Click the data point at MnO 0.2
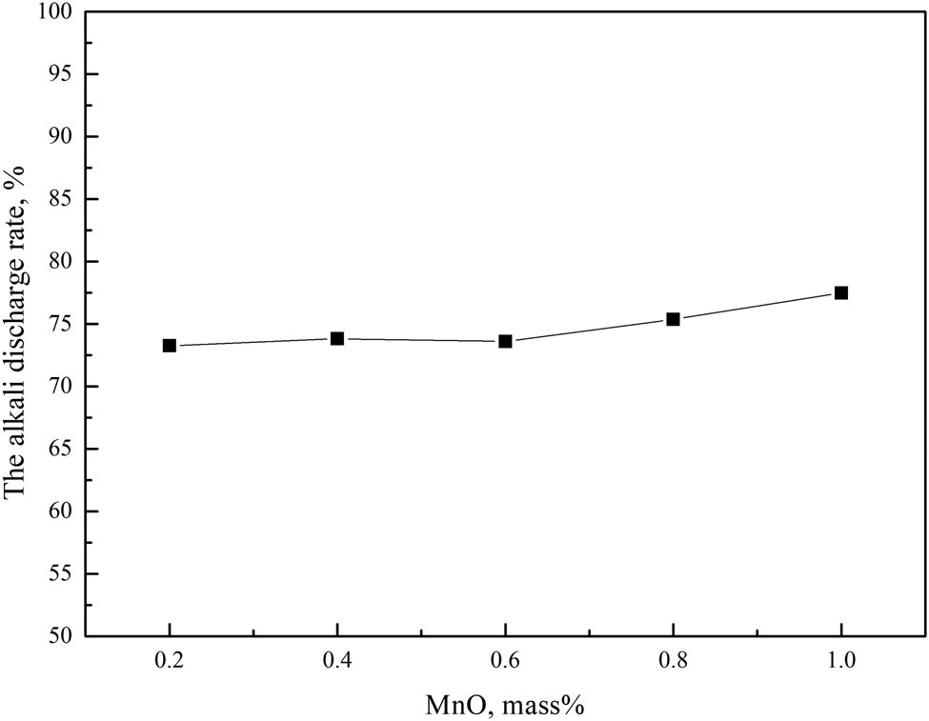click(x=170, y=346)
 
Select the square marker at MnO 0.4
click(x=337, y=338)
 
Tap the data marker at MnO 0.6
click(x=506, y=341)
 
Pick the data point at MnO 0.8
click(x=673, y=319)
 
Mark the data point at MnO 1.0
click(x=841, y=292)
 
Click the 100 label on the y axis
click(x=58, y=12)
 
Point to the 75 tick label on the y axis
click(x=63, y=325)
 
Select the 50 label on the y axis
click(x=63, y=636)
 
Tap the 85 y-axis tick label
click(x=63, y=199)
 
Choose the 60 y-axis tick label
click(x=63, y=511)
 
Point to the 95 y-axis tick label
click(x=63, y=74)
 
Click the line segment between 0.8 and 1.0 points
click(x=757, y=306)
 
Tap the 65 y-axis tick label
click(x=63, y=450)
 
